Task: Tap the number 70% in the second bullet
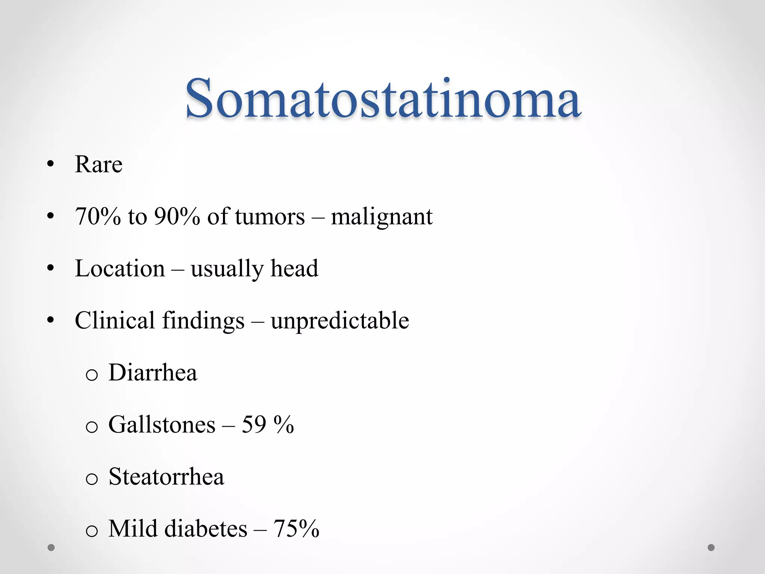(x=98, y=216)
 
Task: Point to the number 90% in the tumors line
(x=177, y=216)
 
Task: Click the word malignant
(x=382, y=217)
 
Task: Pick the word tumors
(x=270, y=216)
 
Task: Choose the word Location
(x=120, y=268)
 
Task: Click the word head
(x=294, y=268)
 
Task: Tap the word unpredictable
(x=340, y=321)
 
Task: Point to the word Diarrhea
(x=153, y=373)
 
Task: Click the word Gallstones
(x=162, y=425)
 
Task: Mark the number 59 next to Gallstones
(x=254, y=425)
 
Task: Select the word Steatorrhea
(x=166, y=477)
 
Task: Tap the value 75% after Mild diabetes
(x=296, y=529)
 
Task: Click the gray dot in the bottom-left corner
(x=51, y=548)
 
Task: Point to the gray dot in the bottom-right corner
(x=711, y=547)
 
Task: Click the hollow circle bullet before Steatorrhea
(x=92, y=479)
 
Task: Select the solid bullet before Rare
(x=51, y=164)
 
